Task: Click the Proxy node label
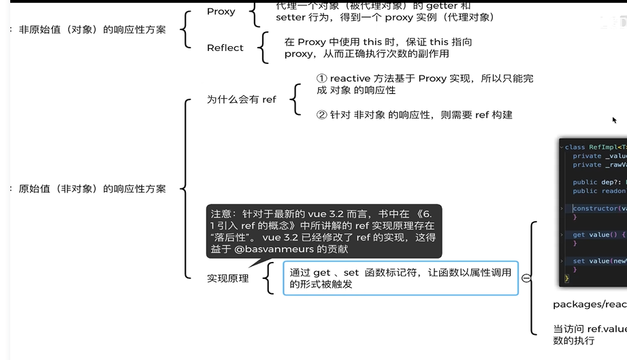[x=221, y=12]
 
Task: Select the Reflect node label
[x=225, y=48]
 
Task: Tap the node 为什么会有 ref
[x=241, y=99]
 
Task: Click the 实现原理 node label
[x=227, y=278]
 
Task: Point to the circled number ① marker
[x=322, y=79]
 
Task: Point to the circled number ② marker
[x=322, y=115]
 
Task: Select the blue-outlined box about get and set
[x=400, y=278]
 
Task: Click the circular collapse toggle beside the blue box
[x=526, y=278]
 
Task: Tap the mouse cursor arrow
[x=614, y=120]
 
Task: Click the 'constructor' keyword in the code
[x=594, y=209]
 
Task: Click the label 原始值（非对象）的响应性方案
[x=92, y=189]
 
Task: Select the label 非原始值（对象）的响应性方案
[x=92, y=29]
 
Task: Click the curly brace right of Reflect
[x=263, y=48]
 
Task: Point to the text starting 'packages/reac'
[x=590, y=304]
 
